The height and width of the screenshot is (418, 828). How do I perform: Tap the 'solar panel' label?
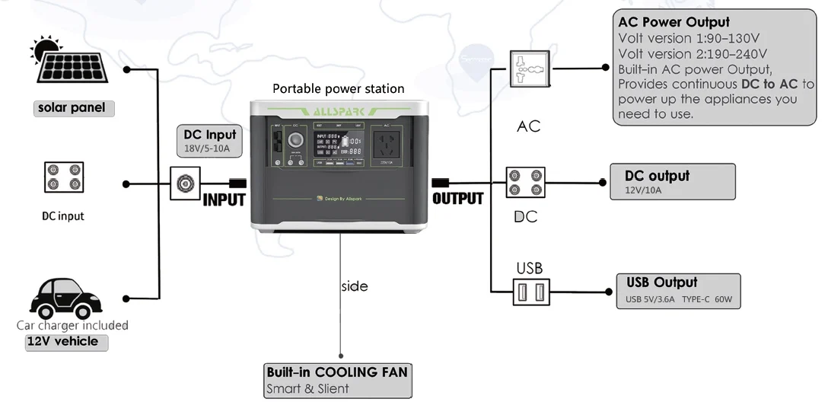click(x=72, y=108)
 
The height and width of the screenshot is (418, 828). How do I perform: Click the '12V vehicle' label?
click(x=62, y=341)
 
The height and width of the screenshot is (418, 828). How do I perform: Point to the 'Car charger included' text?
click(x=72, y=325)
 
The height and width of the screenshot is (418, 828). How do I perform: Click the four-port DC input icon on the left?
click(x=62, y=177)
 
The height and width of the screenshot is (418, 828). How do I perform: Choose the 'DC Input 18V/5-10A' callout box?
click(x=210, y=141)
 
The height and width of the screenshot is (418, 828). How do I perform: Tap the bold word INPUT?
click(x=224, y=200)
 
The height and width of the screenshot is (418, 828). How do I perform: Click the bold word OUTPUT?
click(x=457, y=199)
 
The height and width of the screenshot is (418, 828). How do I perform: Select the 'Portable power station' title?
click(x=339, y=89)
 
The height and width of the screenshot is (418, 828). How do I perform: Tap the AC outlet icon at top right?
click(x=528, y=70)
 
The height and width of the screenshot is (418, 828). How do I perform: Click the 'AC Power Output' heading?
click(x=674, y=22)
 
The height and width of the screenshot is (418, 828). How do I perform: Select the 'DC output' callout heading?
click(x=657, y=176)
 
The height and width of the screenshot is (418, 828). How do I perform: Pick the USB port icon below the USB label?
click(x=529, y=292)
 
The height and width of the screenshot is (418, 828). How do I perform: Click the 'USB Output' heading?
click(x=661, y=282)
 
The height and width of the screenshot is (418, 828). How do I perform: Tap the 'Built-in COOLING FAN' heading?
click(x=336, y=372)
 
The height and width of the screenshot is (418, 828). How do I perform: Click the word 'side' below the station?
click(x=354, y=286)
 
